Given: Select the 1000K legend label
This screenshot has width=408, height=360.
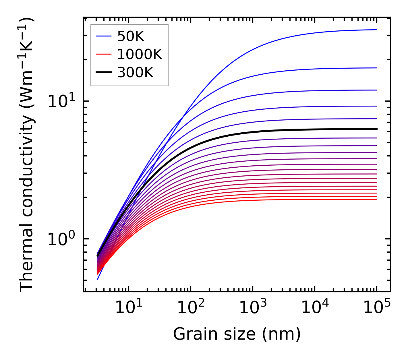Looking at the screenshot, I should pyautogui.click(x=140, y=54).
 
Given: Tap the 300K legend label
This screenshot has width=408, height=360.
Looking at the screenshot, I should pyautogui.click(x=135, y=73).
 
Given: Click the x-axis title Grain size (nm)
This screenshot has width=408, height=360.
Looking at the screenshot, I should pyautogui.click(x=237, y=334).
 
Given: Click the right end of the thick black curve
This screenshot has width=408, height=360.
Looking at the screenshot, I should pyautogui.click(x=376, y=129).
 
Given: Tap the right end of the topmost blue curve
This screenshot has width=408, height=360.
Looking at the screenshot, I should pyautogui.click(x=376, y=30).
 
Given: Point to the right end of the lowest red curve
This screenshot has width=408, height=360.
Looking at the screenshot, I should pyautogui.click(x=376, y=199).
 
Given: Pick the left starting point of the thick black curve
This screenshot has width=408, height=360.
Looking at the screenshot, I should pyautogui.click(x=97, y=256).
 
